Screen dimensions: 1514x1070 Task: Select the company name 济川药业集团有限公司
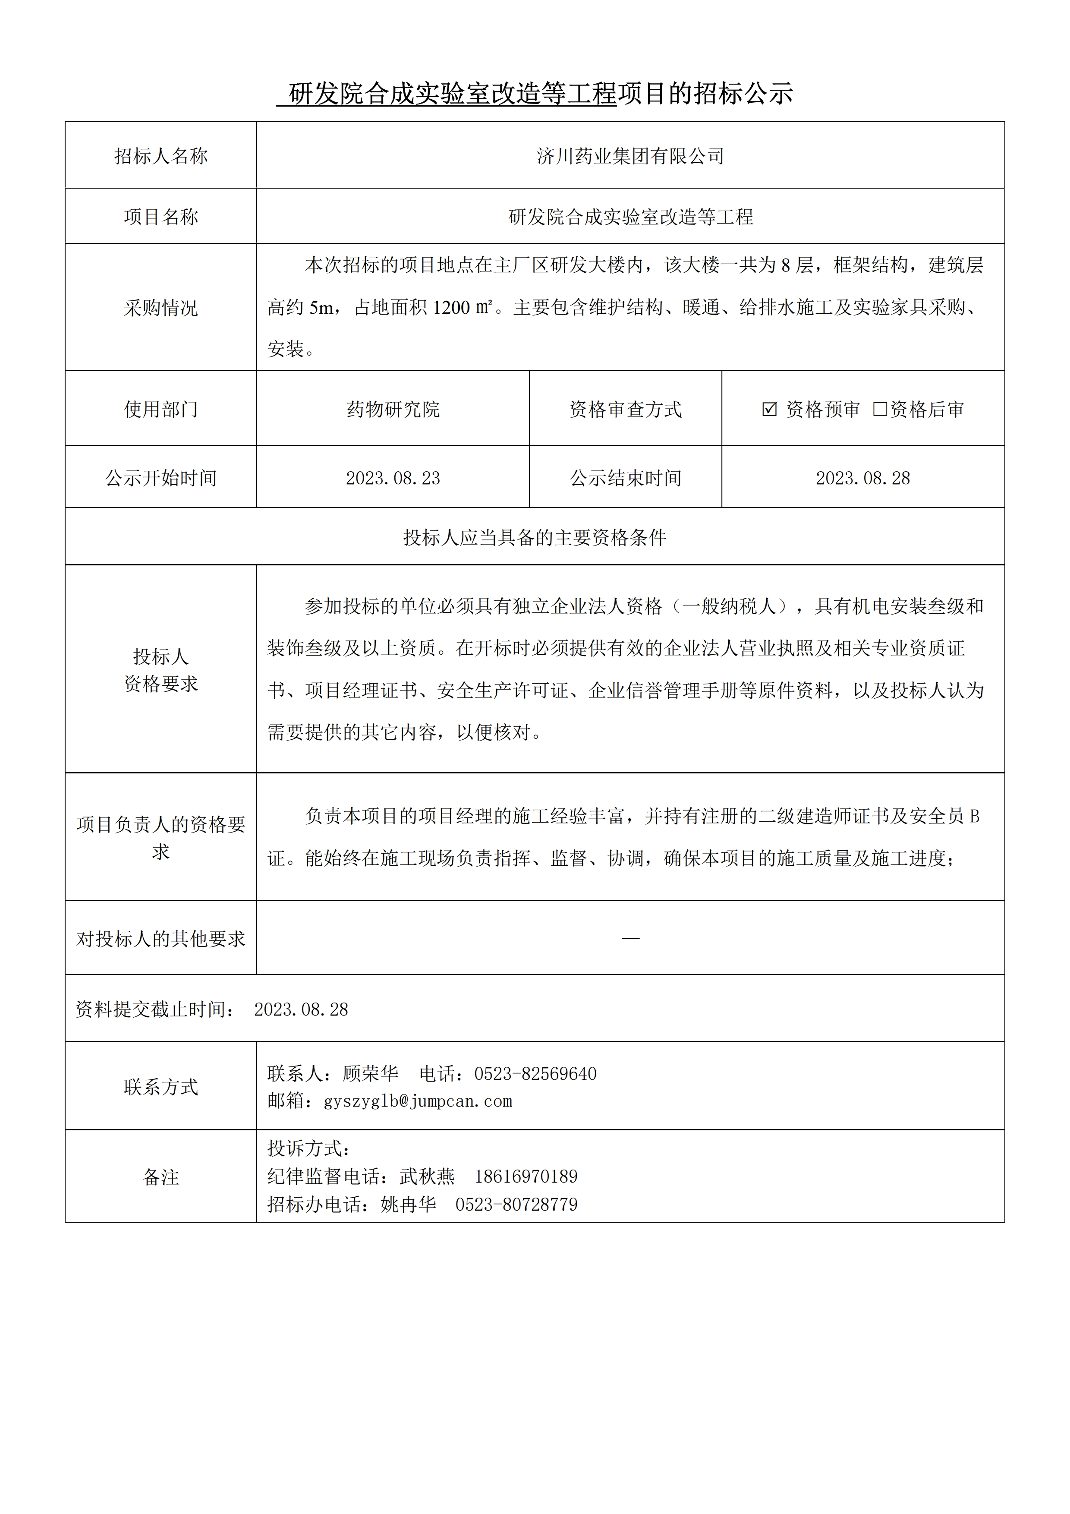[x=630, y=156]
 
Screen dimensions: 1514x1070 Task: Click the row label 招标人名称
[x=161, y=156]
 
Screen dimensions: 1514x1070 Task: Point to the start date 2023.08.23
[x=393, y=478]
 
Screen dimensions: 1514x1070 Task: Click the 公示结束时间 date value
[x=862, y=478]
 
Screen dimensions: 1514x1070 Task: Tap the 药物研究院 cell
[x=393, y=410]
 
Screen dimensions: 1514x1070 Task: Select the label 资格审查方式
[x=625, y=410]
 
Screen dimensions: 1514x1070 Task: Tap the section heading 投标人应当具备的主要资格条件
[x=535, y=537]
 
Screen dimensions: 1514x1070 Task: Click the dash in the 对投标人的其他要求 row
[x=630, y=938]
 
